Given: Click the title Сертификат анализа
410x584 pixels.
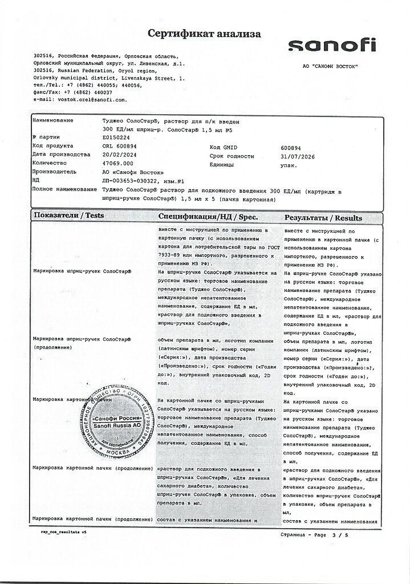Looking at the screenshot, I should [x=205, y=34].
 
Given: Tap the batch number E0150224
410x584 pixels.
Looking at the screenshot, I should [x=116, y=137].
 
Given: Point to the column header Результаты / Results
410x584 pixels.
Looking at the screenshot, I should [x=323, y=217].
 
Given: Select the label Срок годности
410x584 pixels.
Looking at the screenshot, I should [x=232, y=155].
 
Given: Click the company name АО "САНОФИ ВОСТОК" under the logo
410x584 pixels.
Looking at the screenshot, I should [x=330, y=67].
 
